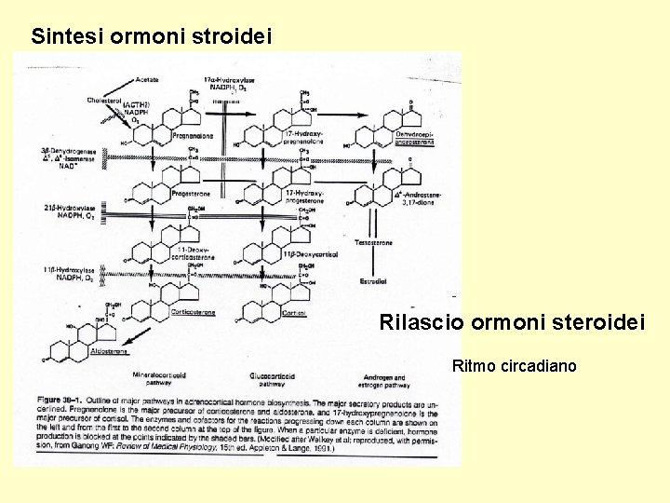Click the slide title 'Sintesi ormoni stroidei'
pos(151,37)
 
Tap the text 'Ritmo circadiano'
pos(514,365)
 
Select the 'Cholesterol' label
pos(105,100)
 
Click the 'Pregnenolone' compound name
pos(193,136)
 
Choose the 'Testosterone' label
pos(374,243)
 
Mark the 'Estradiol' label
pos(373,281)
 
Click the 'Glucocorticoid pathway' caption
pos(272,378)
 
